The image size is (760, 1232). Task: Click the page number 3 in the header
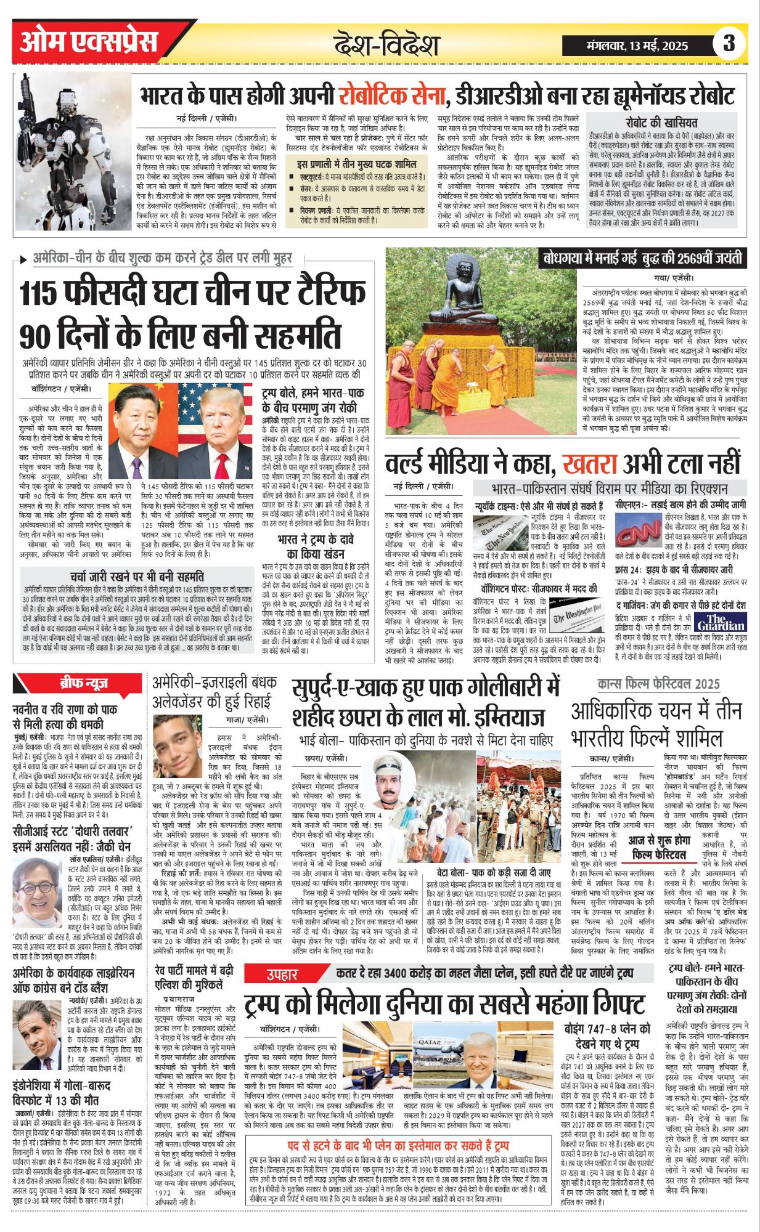click(x=729, y=43)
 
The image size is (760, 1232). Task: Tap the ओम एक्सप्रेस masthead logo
click(x=88, y=43)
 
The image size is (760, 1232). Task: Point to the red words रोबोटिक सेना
click(x=391, y=96)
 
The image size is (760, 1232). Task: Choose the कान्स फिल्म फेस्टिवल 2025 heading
click(x=658, y=684)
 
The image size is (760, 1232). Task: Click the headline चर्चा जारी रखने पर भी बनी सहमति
click(x=137, y=577)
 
